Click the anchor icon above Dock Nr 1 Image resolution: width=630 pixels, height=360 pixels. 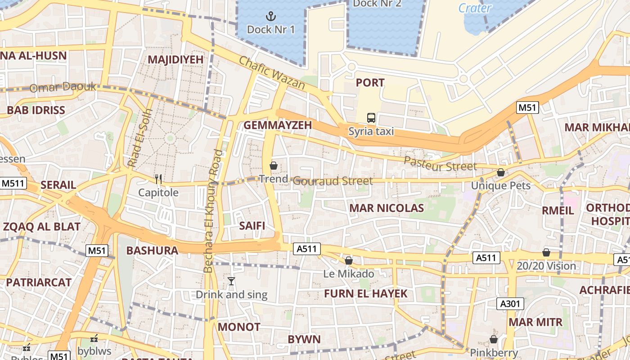click(270, 17)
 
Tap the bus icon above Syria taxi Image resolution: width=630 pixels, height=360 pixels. click(371, 118)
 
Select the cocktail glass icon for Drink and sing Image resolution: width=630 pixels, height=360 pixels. click(231, 281)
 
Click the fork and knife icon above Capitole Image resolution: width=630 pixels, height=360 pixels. click(158, 179)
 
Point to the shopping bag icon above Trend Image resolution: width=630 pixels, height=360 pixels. click(273, 166)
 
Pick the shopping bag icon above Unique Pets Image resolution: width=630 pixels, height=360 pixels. click(500, 172)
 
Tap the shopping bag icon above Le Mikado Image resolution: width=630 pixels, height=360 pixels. click(348, 261)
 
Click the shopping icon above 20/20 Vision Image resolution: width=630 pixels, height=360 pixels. click(546, 252)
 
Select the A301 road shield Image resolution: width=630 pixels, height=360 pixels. click(510, 304)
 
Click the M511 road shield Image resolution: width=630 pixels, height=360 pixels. click(13, 183)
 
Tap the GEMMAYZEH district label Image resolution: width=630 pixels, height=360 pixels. click(278, 126)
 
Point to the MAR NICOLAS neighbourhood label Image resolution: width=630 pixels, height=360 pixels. click(387, 208)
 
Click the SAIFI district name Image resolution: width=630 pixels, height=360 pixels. click(252, 225)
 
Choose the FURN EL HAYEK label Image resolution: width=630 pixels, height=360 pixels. click(365, 294)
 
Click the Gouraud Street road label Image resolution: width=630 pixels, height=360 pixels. click(333, 181)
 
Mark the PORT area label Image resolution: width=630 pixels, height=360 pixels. click(370, 82)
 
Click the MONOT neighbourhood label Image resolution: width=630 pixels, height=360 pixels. click(239, 327)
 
